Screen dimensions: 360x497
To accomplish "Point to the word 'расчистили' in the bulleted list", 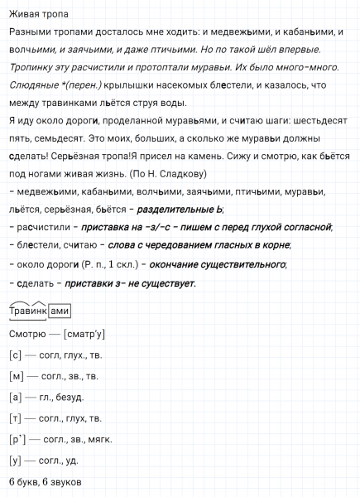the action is [x=44, y=227].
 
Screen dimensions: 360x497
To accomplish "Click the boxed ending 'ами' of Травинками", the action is [x=60, y=311].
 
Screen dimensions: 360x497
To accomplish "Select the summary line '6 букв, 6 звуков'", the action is [x=46, y=482].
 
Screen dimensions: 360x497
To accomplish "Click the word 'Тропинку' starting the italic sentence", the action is [x=33, y=67].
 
